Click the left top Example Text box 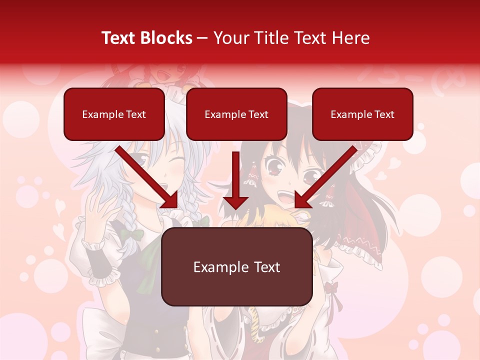(114, 114)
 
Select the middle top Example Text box (236, 114)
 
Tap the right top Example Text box (362, 114)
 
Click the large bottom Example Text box (236, 267)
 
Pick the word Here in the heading (351, 38)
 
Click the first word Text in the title (120, 38)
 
